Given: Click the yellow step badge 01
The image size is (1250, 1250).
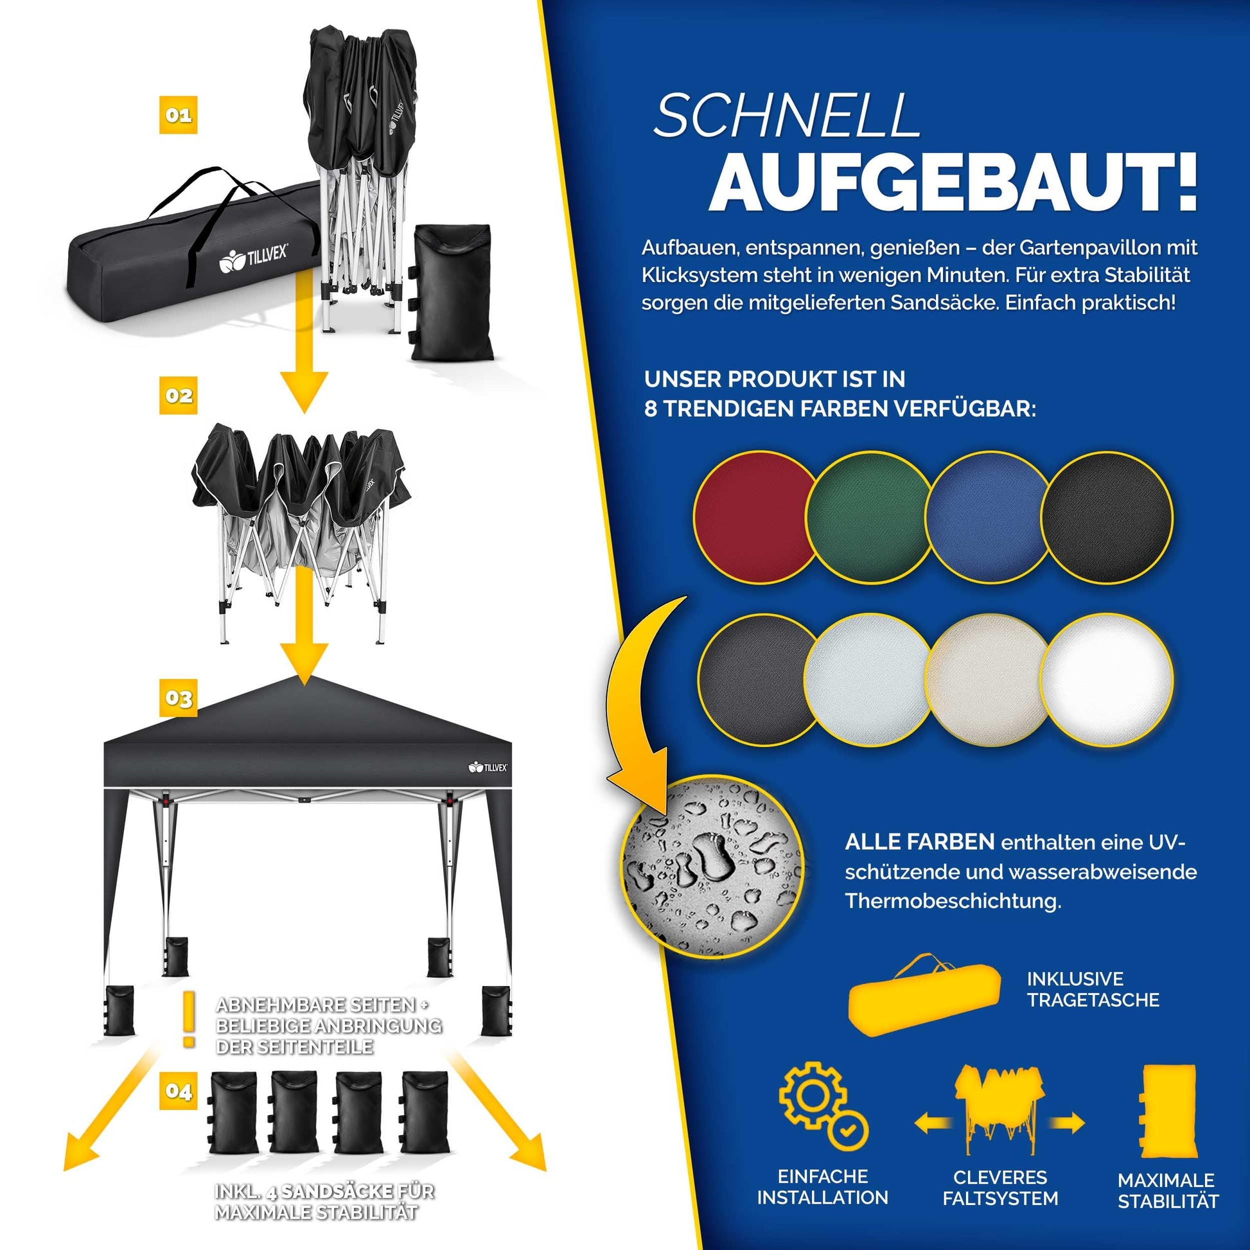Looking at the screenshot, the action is (178, 115).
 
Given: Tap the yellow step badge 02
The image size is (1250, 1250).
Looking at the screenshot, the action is (178, 395).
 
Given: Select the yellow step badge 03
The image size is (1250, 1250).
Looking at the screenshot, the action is (178, 698).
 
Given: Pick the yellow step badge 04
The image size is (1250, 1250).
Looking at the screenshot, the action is (178, 1091).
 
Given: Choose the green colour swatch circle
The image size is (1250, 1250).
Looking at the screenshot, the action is (870, 517).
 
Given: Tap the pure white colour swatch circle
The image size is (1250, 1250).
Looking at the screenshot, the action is (1106, 680).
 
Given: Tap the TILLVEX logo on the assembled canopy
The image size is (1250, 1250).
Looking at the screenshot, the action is (488, 768).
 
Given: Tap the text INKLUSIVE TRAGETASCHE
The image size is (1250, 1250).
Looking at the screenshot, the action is (1093, 989).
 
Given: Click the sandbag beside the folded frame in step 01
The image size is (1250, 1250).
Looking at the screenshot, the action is (451, 292).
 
